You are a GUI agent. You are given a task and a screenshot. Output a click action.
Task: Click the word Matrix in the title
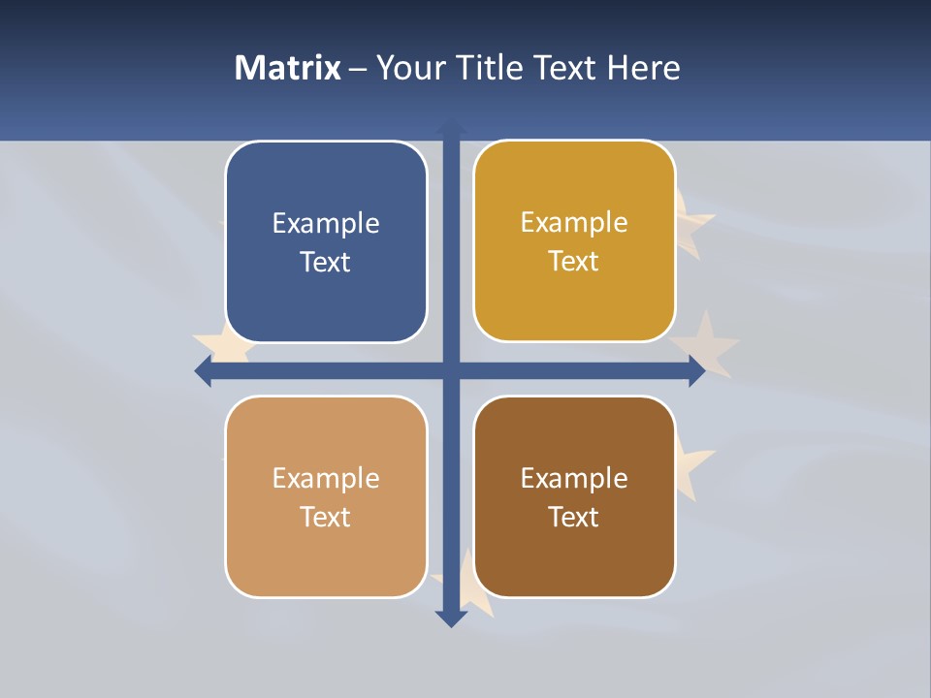pyautogui.click(x=287, y=68)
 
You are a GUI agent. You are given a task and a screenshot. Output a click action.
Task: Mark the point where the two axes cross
pyautogui.click(x=451, y=370)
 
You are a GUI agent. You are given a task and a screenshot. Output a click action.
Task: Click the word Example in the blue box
pyautogui.click(x=326, y=224)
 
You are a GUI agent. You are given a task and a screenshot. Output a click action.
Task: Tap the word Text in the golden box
pyautogui.click(x=574, y=262)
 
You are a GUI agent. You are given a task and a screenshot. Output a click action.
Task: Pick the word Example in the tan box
pyautogui.click(x=326, y=479)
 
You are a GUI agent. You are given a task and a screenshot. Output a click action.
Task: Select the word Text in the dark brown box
pyautogui.click(x=574, y=518)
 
